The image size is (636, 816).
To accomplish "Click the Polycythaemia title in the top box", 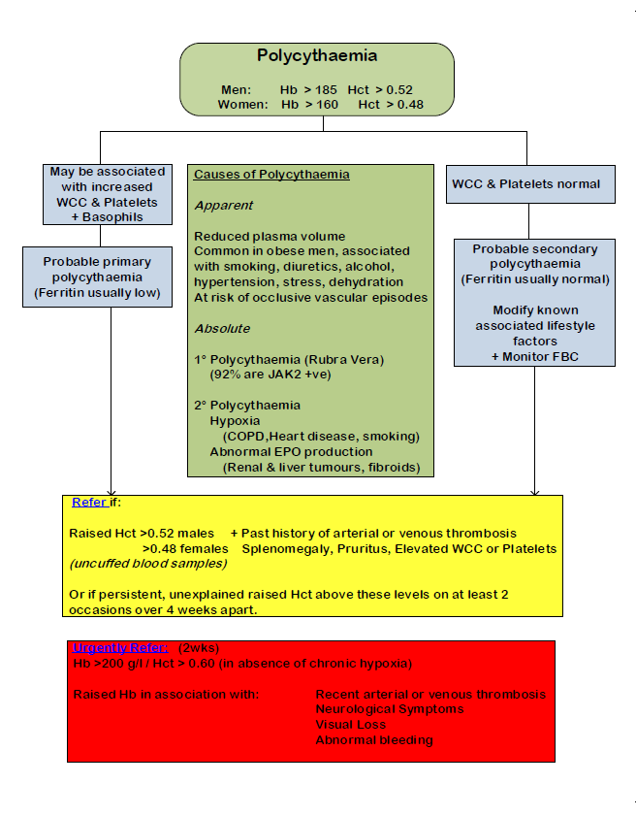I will click(317, 56).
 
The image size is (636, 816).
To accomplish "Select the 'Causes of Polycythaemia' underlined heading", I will click(271, 175).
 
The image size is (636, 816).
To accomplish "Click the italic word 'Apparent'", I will click(224, 206).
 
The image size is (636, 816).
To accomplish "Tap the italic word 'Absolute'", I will click(223, 328).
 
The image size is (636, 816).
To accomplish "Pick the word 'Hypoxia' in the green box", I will click(235, 420).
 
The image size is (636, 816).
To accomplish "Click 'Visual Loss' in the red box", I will click(350, 724).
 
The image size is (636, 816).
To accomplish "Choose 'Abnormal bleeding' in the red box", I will click(373, 739).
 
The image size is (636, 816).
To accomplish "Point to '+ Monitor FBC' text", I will click(535, 357).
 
